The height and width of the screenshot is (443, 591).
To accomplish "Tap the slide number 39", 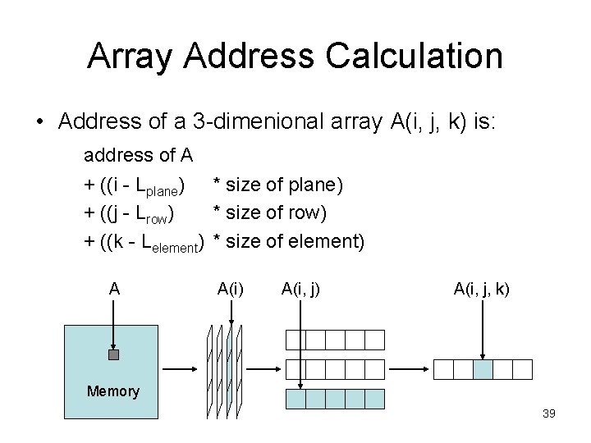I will click(x=549, y=413).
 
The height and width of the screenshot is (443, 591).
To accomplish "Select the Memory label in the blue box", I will click(x=113, y=391).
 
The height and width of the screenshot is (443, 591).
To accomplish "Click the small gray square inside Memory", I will click(x=113, y=355).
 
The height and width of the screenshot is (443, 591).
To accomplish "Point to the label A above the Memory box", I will click(x=114, y=289).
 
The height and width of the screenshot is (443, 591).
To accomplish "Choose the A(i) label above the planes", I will click(x=230, y=289).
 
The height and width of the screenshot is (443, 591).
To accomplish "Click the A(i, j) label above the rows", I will click(x=300, y=289).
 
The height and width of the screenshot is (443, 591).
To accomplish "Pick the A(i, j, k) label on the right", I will click(x=481, y=289).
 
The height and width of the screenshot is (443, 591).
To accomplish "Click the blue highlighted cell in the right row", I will click(x=483, y=369).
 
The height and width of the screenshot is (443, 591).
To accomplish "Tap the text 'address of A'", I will click(x=138, y=155).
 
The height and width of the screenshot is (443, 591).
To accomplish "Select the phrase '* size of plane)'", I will click(x=277, y=185).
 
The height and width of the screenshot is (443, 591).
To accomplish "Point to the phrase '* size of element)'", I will click(x=288, y=241).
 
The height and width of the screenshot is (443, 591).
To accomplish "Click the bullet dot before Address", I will click(x=39, y=123).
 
